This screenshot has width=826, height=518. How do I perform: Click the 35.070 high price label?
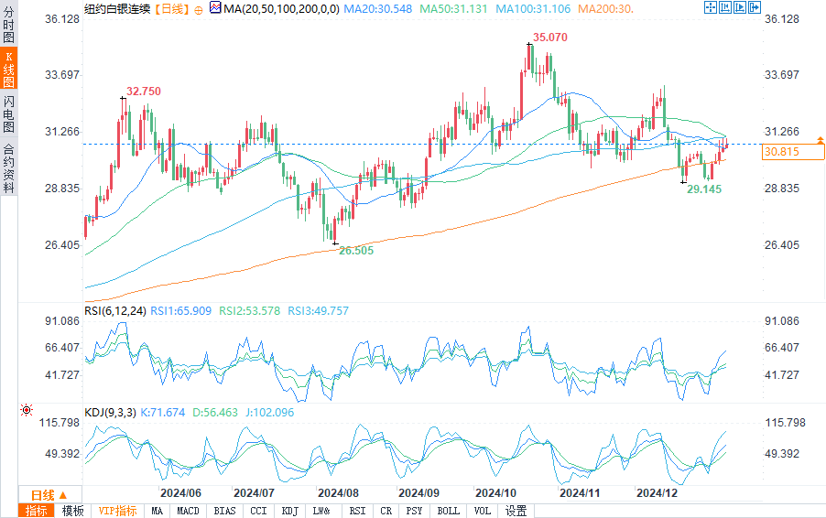tap(549, 38)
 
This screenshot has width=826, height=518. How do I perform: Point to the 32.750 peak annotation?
tap(144, 92)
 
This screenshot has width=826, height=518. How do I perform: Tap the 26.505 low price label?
tap(355, 250)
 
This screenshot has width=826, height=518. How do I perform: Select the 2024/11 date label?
tap(579, 492)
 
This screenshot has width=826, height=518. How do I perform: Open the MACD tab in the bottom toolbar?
tap(189, 511)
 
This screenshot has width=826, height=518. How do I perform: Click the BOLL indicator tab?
tap(448, 511)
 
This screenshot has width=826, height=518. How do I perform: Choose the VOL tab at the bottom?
tap(483, 511)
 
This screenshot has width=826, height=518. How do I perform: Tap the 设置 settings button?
tap(516, 511)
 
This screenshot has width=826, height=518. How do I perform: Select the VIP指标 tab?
tap(117, 511)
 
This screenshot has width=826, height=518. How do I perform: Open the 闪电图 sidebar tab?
tap(9, 113)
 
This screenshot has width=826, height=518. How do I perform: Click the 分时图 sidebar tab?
tap(9, 22)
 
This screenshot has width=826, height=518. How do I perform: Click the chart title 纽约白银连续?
tap(115, 7)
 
